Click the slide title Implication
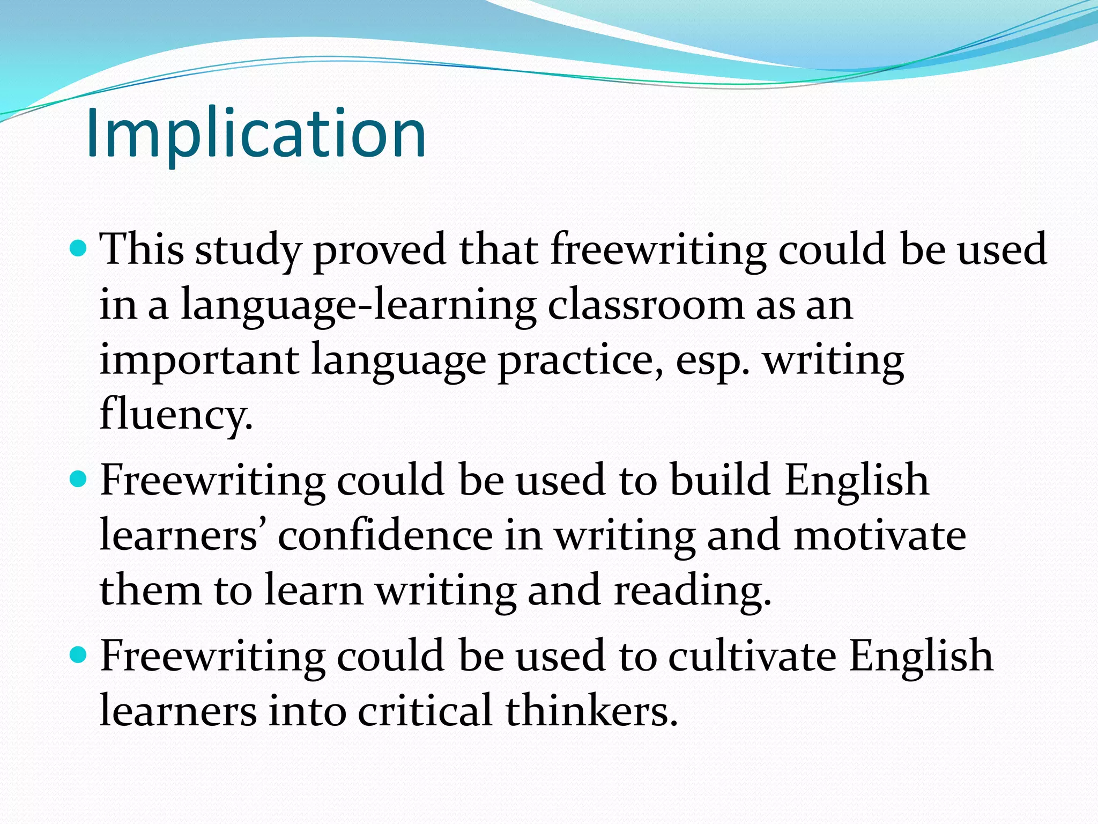click(x=256, y=134)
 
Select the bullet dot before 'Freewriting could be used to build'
click(x=78, y=479)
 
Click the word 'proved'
click(x=380, y=251)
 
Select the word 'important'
click(x=199, y=360)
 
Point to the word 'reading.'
click(x=692, y=592)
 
